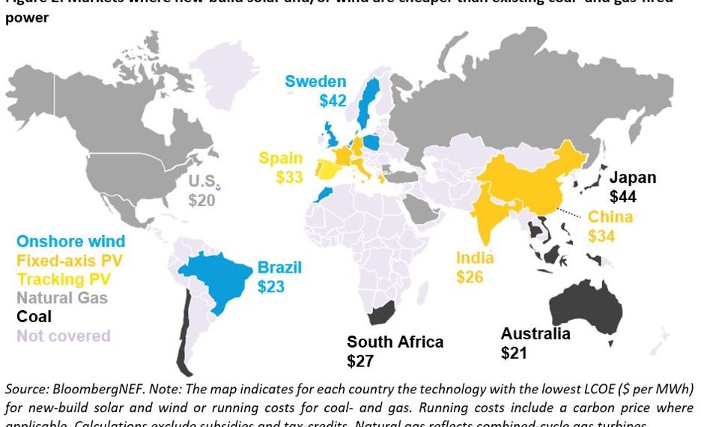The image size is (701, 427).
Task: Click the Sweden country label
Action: [315, 82]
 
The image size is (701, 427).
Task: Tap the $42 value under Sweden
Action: [333, 100]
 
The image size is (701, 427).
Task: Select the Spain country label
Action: [281, 159]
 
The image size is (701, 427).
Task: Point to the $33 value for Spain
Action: [289, 178]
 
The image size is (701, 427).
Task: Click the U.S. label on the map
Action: [202, 181]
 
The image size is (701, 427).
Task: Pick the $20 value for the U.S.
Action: [201, 200]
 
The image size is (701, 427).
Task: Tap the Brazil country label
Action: [279, 267]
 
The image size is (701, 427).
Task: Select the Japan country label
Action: [632, 178]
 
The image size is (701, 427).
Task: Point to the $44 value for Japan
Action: [623, 197]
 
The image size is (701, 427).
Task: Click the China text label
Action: [610, 217]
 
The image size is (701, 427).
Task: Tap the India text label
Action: [475, 258]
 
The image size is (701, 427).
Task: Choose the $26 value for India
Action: [470, 277]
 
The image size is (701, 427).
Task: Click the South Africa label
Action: [395, 342]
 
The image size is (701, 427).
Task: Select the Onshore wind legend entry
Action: [70, 241]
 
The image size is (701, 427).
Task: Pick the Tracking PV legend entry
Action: [64, 279]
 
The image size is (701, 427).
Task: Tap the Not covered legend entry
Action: [63, 336]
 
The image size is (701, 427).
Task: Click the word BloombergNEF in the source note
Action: [98, 390]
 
